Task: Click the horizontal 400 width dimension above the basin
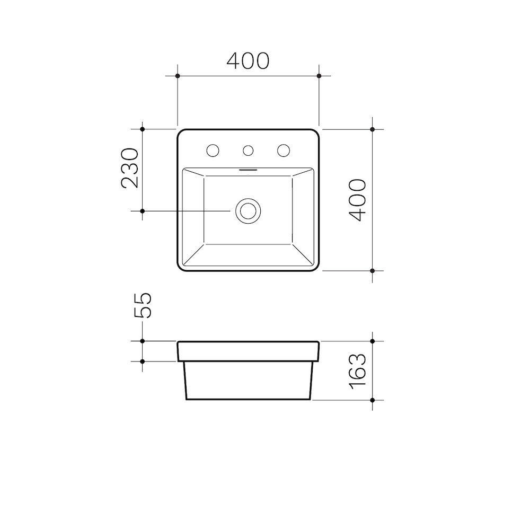(248, 61)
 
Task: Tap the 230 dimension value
(130, 168)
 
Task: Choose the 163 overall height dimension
(359, 370)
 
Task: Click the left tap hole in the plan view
(213, 151)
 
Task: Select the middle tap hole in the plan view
(248, 151)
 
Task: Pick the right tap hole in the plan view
(283, 151)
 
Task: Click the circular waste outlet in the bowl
(248, 210)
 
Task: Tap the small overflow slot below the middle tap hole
(248, 170)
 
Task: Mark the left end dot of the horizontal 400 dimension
(178, 76)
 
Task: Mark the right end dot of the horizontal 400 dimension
(319, 76)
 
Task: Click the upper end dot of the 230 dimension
(142, 129)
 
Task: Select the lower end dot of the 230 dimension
(142, 211)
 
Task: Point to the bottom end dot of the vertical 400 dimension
(373, 271)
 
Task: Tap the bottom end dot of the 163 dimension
(373, 400)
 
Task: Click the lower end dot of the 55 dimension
(142, 361)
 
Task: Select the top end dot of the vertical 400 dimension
(373, 129)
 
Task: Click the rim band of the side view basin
(248, 351)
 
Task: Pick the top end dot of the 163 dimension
(373, 341)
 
